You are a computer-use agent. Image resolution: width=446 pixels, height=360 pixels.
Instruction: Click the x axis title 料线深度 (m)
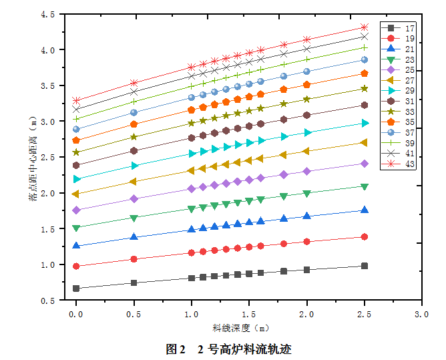click(241, 328)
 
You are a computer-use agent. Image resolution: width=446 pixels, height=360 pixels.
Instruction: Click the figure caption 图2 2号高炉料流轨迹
click(228, 349)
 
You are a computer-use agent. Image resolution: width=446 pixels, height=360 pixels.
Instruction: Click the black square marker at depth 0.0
click(76, 289)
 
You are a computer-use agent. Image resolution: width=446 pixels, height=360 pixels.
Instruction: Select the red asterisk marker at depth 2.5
click(364, 27)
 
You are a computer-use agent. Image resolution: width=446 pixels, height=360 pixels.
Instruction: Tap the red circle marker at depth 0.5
click(134, 259)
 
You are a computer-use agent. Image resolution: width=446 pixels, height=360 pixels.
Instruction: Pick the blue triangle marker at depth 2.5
click(364, 210)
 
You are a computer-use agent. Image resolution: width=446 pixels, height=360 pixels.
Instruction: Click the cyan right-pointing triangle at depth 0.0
click(76, 179)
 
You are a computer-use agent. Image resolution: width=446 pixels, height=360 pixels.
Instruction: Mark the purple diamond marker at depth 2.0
click(306, 171)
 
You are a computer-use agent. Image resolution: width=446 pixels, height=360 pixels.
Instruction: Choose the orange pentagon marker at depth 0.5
click(134, 124)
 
